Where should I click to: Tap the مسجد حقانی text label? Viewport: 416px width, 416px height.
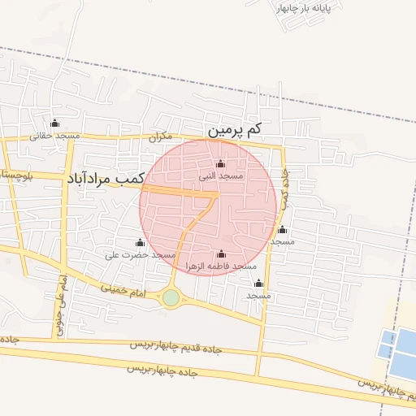(55, 136)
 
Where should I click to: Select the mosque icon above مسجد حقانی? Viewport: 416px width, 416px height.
(55, 123)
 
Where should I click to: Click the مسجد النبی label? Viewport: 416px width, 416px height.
(221, 175)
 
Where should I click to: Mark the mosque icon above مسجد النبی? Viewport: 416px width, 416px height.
(221, 164)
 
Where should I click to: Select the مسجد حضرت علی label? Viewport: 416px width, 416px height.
(141, 254)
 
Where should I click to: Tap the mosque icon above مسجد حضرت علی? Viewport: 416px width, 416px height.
(140, 242)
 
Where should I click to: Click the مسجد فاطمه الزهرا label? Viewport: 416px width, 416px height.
(221, 266)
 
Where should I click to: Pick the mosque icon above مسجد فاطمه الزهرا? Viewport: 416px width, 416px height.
(221, 253)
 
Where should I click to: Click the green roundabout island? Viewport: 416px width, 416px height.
(171, 298)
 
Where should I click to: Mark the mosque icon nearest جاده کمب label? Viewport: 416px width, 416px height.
(282, 230)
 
